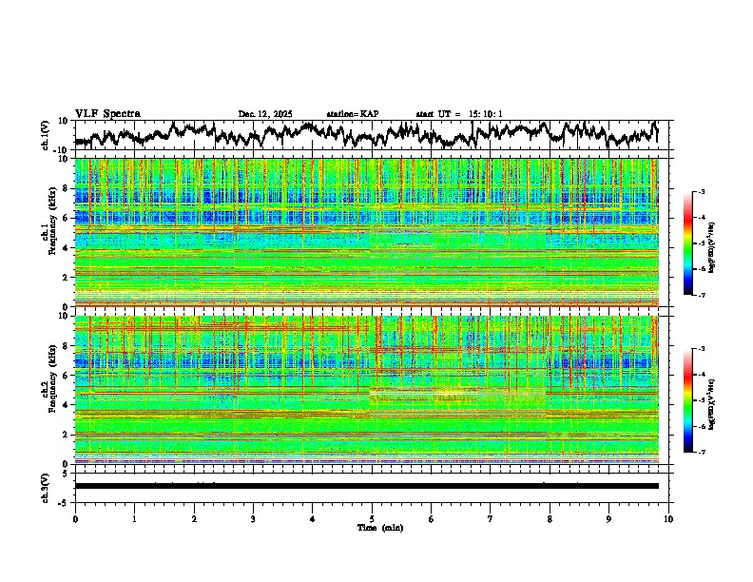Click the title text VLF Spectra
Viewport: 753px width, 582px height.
(107, 113)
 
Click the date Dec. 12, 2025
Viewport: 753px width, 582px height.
(265, 114)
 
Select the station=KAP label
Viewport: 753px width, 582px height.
(353, 114)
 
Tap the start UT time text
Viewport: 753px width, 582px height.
(459, 114)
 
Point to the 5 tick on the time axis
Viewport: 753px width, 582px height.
(372, 518)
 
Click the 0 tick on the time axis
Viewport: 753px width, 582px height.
(75, 518)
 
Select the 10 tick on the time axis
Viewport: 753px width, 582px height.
(668, 518)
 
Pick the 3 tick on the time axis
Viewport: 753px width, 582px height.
(253, 518)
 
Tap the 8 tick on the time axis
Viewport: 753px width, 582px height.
(550, 518)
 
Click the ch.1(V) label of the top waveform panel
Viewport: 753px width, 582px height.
(46, 135)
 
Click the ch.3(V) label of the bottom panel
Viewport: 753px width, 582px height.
(46, 486)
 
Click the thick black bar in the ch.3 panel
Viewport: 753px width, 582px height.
(366, 486)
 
